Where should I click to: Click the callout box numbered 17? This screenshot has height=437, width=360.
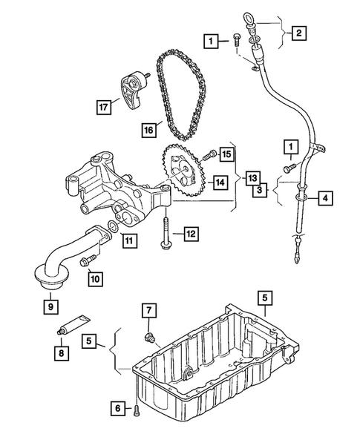[x=104, y=107]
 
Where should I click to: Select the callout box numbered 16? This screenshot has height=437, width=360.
[x=149, y=130]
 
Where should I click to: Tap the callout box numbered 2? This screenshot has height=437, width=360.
[x=298, y=33]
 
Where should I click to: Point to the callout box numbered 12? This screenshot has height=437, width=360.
[x=191, y=234]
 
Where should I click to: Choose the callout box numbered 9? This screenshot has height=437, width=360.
[x=50, y=307]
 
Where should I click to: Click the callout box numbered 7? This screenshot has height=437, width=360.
[x=148, y=310]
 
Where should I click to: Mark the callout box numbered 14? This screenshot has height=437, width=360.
[x=220, y=183]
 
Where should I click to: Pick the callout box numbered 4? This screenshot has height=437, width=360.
[x=325, y=198]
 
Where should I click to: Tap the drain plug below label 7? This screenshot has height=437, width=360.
[x=149, y=338]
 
